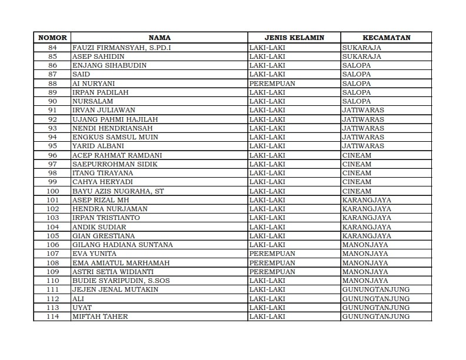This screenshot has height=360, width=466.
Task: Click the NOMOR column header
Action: [52, 38]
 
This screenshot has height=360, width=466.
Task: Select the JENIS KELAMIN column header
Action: [294, 38]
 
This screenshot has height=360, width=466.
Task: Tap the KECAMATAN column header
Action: [386, 38]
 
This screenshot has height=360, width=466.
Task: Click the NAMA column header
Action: [159, 38]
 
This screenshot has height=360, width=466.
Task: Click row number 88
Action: [52, 84]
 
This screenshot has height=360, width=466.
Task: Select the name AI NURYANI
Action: [93, 84]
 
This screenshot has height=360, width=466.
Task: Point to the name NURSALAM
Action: [92, 101]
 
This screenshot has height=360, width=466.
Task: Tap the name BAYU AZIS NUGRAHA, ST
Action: [118, 191]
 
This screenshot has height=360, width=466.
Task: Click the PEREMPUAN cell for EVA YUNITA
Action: [272, 254]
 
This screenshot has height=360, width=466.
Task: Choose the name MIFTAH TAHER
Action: [99, 317]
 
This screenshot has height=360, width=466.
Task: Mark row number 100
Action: [52, 191]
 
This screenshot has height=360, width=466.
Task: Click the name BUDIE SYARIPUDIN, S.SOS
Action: [121, 281]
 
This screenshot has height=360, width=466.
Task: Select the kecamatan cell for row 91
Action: [363, 110]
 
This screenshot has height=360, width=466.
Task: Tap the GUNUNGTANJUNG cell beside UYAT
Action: [375, 308]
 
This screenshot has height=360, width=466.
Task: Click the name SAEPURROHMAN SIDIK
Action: [115, 164]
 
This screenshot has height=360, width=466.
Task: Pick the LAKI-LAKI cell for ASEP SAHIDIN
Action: [267, 56]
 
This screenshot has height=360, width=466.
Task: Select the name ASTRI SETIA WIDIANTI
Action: [112, 272]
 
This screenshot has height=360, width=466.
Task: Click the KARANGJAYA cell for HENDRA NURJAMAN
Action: [367, 209]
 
